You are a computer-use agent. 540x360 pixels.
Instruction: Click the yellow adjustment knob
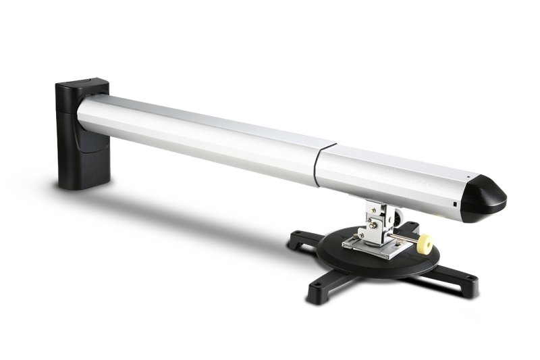(425, 241)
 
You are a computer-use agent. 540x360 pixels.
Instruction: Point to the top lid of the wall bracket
(82, 86)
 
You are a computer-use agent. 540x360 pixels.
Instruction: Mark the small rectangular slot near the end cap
(456, 203)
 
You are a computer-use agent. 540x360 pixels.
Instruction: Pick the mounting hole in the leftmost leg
(296, 237)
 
